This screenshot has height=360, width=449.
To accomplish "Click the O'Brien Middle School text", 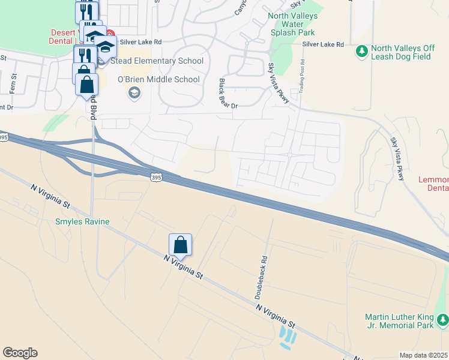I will point(158,79).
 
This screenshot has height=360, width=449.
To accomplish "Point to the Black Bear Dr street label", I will point(229,93).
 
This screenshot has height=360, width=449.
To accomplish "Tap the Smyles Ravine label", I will point(82,222).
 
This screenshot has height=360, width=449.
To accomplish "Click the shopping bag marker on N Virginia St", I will point(180,245).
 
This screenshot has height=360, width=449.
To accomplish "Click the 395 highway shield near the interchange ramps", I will point(155,178).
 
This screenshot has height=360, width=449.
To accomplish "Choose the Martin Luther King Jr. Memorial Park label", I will point(399,321).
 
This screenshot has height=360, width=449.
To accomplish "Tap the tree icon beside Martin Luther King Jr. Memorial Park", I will point(442,320).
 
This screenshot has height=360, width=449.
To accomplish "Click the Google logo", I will point(20,353).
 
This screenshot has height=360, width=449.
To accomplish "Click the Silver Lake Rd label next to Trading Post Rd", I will point(323,44).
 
